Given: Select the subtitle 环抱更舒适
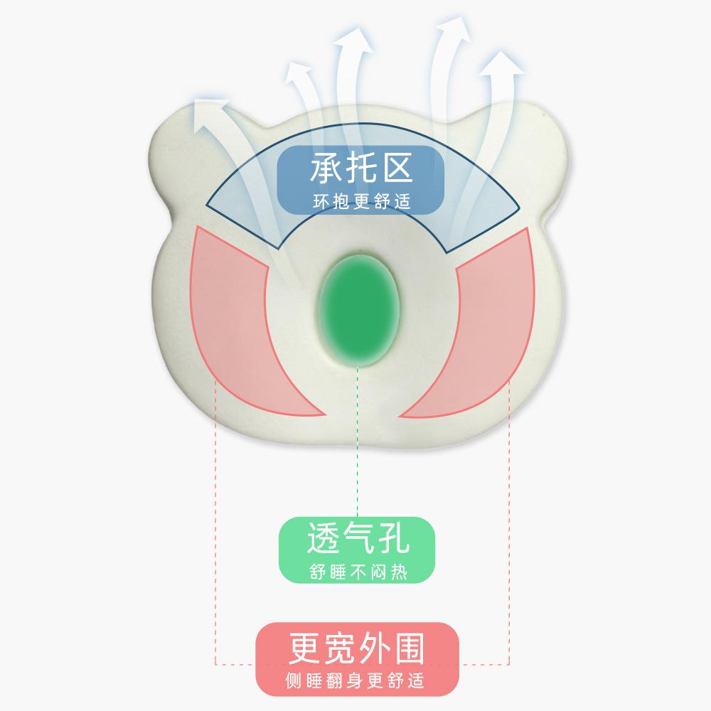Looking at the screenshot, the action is (x=361, y=201).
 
